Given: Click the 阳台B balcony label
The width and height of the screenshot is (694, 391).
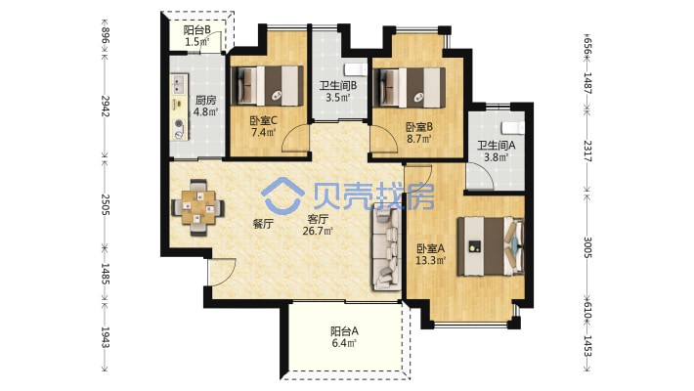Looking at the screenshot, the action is click(x=196, y=30).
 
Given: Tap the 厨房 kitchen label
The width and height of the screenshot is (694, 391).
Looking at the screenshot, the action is click(x=205, y=101).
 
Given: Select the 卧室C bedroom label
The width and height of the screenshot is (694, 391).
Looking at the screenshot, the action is click(x=263, y=120).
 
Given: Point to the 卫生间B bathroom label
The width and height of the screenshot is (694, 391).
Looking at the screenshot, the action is click(x=337, y=85).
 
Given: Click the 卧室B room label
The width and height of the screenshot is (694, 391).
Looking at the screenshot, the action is click(x=419, y=127).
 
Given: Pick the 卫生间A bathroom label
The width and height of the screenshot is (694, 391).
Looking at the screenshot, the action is click(x=497, y=146).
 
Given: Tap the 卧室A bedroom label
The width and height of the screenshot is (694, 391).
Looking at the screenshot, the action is click(x=431, y=248).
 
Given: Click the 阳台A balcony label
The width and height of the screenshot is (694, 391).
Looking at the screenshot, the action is click(x=344, y=331).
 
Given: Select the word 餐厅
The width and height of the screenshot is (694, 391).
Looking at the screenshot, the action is click(x=263, y=224).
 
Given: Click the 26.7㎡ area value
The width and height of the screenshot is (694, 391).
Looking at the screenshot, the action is click(x=318, y=231).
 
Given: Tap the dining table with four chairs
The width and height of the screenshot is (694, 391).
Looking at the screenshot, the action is click(x=197, y=207).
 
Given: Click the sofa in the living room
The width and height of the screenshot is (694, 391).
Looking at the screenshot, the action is click(x=387, y=246).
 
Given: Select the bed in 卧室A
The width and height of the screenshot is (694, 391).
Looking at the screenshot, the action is click(x=491, y=245).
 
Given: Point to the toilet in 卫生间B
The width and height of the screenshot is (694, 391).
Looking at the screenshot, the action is click(x=356, y=69).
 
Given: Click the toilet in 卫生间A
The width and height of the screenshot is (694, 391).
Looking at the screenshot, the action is click(x=513, y=128).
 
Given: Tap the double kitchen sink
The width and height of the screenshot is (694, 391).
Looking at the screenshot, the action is click(x=179, y=84).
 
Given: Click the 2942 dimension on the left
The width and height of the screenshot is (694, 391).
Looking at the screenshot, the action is click(x=105, y=107).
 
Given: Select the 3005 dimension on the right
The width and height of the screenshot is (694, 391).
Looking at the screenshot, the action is click(x=587, y=247).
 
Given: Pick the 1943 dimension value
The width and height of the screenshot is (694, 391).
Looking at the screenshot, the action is click(x=105, y=337).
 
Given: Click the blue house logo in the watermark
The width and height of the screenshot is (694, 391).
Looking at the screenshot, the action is click(x=282, y=195).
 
